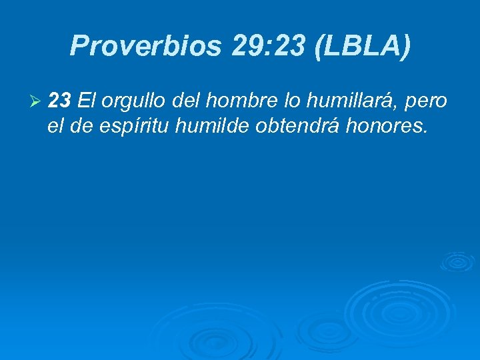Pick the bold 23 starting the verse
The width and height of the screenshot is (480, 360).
point(61,101)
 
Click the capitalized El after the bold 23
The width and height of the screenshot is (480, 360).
point(87,101)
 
